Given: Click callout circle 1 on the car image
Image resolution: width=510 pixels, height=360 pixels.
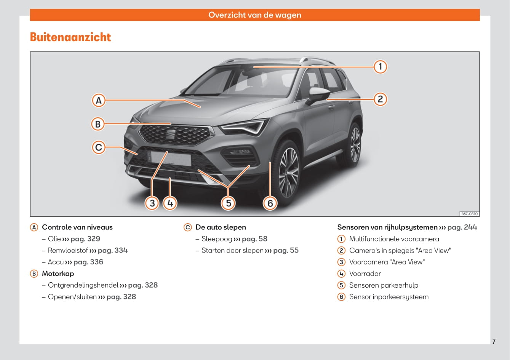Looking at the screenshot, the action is coord(380,67).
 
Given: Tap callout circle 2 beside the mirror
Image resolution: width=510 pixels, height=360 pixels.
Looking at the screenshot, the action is coord(380,99).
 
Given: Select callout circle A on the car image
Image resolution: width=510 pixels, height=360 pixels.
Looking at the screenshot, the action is coord(99,100).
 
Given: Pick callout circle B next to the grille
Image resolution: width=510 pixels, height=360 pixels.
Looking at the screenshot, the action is coord(98,124).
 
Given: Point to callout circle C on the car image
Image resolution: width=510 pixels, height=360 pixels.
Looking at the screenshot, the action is coord(99,147).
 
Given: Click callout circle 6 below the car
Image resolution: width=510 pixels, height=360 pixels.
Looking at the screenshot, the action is coord(270,203).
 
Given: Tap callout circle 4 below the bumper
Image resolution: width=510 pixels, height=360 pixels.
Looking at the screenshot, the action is coord(170,203).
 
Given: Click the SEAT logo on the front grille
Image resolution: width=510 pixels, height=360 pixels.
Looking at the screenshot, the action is coord(171,134).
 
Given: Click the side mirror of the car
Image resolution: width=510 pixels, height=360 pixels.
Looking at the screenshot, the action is coord(318,95).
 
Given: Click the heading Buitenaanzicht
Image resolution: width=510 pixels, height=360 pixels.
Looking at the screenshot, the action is coord(70,37).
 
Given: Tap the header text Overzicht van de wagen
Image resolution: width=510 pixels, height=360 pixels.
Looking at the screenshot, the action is coord(255,15).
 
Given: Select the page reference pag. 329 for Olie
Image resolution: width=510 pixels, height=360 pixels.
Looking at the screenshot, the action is coord(85,239).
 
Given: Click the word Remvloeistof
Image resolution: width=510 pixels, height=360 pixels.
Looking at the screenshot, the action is coord(68,250).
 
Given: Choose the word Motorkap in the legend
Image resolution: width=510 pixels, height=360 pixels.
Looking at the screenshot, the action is coord(58,274).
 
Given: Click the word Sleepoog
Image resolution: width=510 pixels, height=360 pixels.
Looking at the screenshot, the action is coord(217,239).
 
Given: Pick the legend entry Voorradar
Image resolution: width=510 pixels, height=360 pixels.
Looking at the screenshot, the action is coord(365,274).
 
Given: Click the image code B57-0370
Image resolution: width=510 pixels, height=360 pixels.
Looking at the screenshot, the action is coord(470,214).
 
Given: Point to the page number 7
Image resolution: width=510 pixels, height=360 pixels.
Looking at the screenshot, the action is coord(494,342).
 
